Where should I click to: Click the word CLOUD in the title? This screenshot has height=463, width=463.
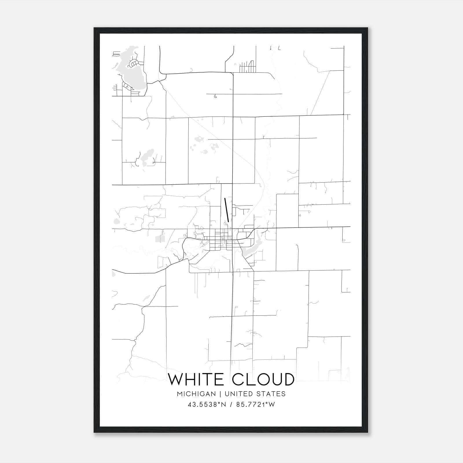(x=263, y=379)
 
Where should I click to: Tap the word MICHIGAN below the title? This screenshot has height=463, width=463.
(x=197, y=394)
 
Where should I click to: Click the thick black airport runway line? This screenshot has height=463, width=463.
(x=227, y=210)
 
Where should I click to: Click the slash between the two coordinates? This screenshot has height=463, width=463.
(x=230, y=405)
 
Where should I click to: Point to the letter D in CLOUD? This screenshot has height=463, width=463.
(x=288, y=379)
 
